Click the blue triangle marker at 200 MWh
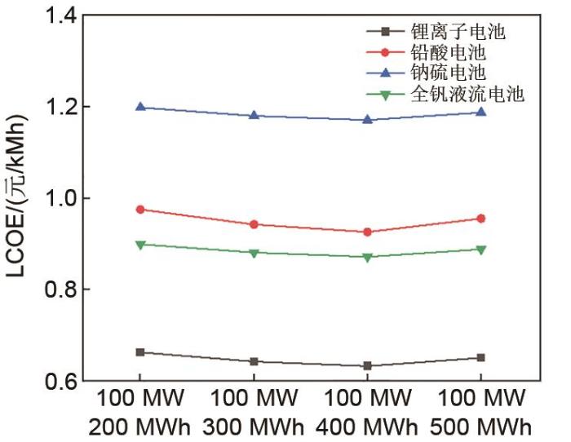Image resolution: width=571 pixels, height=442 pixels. (140, 107)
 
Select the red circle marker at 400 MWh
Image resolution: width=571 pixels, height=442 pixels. (367, 232)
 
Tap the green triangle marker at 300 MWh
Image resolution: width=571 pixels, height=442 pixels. (254, 253)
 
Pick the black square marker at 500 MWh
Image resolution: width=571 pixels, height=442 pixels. (480, 357)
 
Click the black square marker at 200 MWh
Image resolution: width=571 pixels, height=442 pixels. (140, 352)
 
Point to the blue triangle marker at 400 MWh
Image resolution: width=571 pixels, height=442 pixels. (367, 119)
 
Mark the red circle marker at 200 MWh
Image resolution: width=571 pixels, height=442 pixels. (140, 210)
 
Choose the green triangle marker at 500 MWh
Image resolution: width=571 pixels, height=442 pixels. (480, 250)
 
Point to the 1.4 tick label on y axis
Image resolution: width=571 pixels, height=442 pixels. (57, 15)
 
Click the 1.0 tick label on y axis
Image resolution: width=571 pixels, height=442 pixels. (57, 198)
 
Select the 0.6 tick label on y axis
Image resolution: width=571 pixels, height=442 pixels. (57, 381)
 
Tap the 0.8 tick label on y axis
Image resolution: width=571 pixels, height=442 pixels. (57, 290)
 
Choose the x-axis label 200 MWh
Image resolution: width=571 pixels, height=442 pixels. (140, 427)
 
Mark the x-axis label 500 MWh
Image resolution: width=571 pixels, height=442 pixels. (480, 427)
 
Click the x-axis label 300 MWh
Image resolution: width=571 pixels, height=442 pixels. (254, 427)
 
